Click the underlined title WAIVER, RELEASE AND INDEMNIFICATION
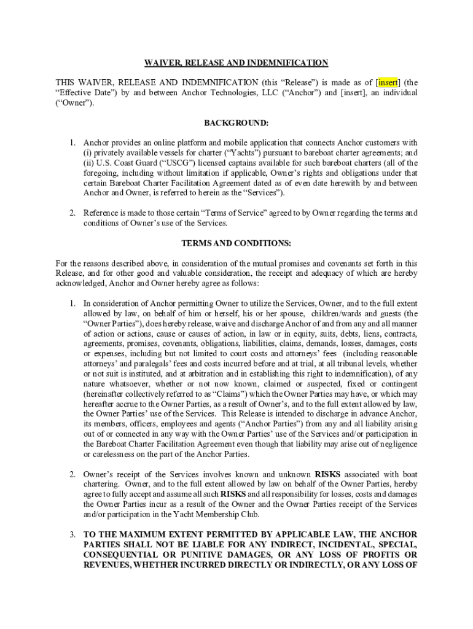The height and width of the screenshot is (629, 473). point(237,63)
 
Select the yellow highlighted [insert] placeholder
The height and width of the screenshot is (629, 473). point(388,82)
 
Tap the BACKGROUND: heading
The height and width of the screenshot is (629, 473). point(237,123)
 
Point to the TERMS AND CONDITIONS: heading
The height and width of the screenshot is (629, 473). point(237,243)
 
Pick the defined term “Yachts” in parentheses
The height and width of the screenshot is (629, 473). point(264,153)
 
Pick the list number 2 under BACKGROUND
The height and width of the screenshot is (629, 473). point(72,213)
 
